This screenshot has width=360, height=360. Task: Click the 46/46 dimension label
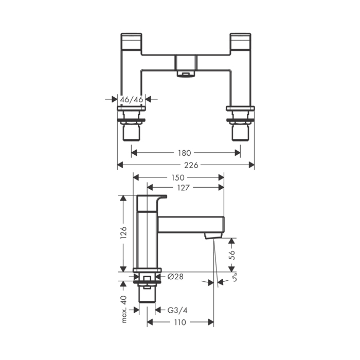coord(132,100)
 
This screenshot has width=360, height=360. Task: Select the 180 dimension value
coord(185,153)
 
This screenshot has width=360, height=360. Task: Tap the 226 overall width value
coord(191,165)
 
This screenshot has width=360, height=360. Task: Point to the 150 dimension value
coord(178,177)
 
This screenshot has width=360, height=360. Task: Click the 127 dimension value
coord(184,188)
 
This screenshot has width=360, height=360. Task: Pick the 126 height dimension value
coord(124,232)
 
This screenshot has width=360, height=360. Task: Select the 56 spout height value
coord(232,255)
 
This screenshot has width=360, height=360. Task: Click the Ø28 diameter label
coord(176,277)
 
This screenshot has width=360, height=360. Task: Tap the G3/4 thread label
coord(177,311)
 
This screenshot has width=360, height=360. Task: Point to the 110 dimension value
coord(180,322)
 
